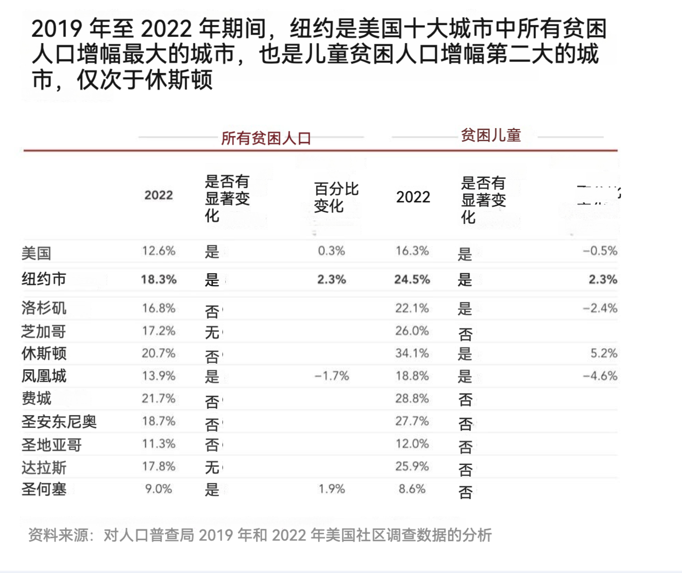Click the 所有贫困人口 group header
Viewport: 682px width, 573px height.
click(266, 138)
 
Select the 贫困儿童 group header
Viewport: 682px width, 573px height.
click(490, 135)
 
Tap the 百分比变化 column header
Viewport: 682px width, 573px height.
click(336, 197)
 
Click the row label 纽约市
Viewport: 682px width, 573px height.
click(43, 279)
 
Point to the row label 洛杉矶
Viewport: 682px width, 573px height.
click(43, 308)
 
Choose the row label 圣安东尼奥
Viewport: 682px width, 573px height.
click(59, 421)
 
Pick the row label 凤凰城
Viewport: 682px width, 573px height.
click(43, 376)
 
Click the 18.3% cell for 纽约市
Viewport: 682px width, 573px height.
click(158, 280)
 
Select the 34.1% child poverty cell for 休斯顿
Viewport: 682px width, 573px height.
click(412, 353)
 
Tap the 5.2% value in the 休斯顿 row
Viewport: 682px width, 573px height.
click(603, 353)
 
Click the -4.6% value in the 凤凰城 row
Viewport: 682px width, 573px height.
click(600, 376)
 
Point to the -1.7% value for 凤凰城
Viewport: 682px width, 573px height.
click(332, 376)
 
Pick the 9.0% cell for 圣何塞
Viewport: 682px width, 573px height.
click(158, 489)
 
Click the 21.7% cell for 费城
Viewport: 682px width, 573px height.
click(158, 398)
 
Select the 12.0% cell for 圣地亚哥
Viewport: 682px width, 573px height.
click(412, 444)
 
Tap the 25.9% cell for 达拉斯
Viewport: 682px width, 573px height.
click(412, 466)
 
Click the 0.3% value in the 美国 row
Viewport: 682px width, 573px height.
click(331, 251)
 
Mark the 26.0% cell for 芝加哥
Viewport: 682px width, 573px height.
click(412, 331)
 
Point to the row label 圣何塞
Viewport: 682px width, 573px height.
click(43, 489)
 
